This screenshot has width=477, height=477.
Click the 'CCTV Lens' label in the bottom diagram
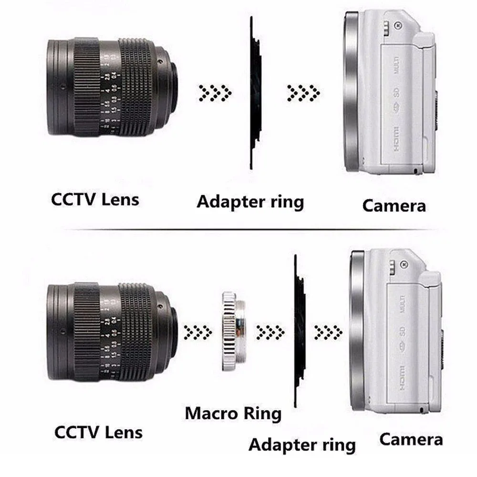[98, 432]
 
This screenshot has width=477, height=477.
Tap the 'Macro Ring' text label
[233, 413]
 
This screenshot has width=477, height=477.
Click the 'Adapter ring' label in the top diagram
[250, 201]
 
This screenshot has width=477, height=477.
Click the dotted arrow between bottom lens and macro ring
[198, 330]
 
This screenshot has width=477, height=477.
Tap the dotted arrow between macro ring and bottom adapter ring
[270, 330]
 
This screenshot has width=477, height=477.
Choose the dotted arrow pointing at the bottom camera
[328, 330]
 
